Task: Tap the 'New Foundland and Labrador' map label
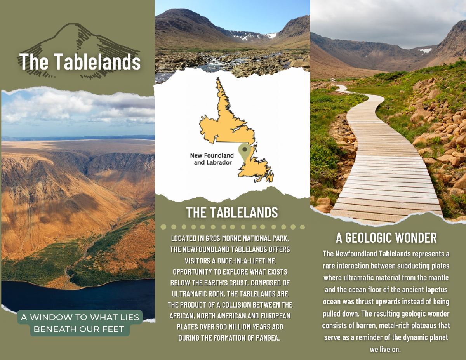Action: point(212,159)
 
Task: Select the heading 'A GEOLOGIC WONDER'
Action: point(386,237)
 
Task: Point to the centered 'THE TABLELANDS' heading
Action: point(232,213)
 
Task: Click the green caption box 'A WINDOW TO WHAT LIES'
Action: point(80,317)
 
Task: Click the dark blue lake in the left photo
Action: point(58,295)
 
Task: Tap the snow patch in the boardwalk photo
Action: point(425,50)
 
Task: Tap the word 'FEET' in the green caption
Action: point(113,330)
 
